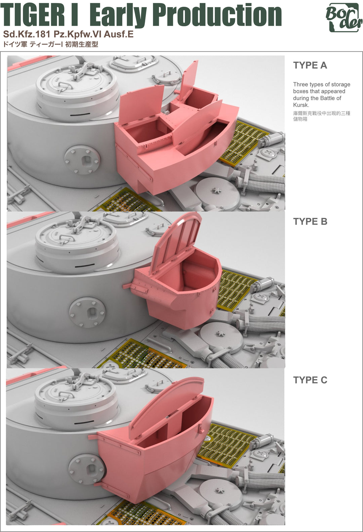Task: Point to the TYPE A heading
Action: pos(310,65)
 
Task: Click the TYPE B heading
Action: pos(310,221)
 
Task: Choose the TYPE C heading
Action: pos(310,380)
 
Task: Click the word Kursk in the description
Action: pos(300,105)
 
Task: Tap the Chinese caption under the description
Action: pos(322,116)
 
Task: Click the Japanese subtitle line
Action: pos(50,44)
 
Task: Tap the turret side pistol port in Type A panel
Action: pos(82,160)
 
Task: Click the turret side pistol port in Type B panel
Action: pos(87,312)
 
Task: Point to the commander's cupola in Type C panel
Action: pos(76,402)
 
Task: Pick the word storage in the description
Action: pos(341,84)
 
